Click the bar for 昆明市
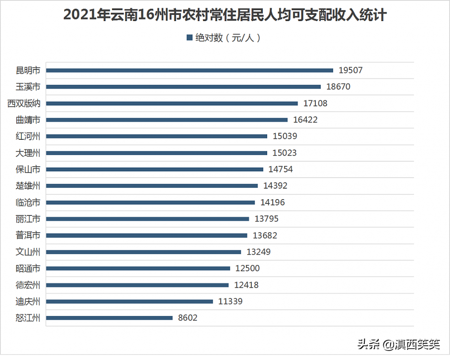tap(190, 70)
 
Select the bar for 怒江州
tap(109, 318)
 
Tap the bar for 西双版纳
tap(172, 103)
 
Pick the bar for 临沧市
tap(150, 202)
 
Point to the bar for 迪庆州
tap(129, 302)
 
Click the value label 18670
tap(338, 87)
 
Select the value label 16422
tap(305, 120)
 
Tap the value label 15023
tap(285, 153)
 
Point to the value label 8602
tap(188, 318)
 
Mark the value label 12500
tap(247, 269)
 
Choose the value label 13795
tap(267, 219)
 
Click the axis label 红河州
tap(28, 136)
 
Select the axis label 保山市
tap(28, 169)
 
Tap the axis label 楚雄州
tap(28, 186)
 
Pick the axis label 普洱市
tap(28, 235)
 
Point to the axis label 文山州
tap(28, 252)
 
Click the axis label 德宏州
tap(28, 285)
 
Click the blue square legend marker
tap(189, 38)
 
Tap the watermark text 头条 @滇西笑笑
tap(399, 343)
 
